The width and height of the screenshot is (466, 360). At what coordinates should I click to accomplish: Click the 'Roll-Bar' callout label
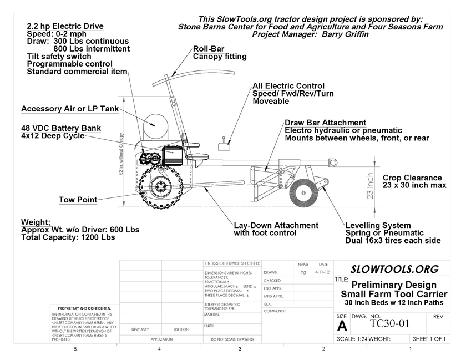click(209, 49)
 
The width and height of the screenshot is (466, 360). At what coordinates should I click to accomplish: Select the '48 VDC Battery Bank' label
click(61, 128)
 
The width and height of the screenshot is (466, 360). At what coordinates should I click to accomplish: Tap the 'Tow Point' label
click(78, 200)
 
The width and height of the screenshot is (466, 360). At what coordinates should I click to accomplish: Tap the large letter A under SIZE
click(342, 325)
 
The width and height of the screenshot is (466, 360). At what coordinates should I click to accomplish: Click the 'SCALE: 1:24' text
click(352, 338)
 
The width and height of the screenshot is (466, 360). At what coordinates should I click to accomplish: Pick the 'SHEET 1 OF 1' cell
click(429, 338)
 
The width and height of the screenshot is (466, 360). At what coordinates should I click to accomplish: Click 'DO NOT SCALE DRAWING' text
click(231, 338)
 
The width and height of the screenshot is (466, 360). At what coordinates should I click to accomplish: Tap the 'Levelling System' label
click(378, 225)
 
